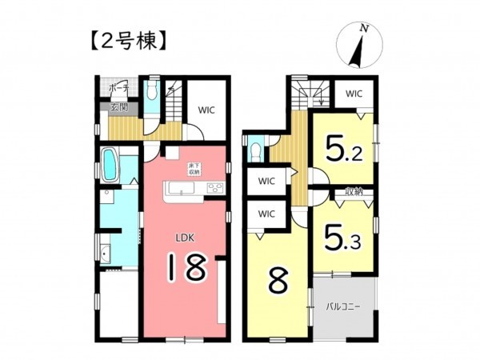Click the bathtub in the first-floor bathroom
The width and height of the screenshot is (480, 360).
[x=110, y=165]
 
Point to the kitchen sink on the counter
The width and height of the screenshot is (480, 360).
[x=178, y=190]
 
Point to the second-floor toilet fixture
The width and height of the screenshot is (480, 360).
[x=255, y=149]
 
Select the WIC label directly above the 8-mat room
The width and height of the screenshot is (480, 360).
[x=266, y=214]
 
